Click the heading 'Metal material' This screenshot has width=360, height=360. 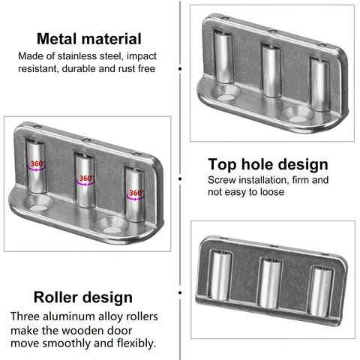point(89,39)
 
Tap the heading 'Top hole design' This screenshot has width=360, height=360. point(268,164)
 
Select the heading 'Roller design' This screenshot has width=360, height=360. point(83,297)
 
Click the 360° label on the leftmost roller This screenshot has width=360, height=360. point(37,163)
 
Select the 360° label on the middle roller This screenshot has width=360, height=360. point(86,178)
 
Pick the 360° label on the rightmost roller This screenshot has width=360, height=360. point(136,193)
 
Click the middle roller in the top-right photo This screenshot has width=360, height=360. point(271,70)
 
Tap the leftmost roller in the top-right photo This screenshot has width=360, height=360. point(223,57)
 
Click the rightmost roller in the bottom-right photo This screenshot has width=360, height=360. point(321,291)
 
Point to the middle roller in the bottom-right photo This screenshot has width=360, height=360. point(269,283)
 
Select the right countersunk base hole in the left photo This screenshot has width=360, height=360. point(112,224)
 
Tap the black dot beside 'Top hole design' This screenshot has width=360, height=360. point(180,179)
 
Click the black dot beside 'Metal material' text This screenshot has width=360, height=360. point(180,68)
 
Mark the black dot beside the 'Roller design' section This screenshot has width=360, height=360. point(180,292)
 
